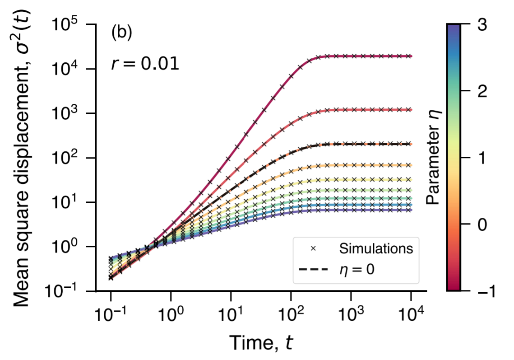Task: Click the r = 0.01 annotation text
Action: (x=145, y=64)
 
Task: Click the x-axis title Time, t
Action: (x=260, y=343)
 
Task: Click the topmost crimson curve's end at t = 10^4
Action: (x=411, y=56)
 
